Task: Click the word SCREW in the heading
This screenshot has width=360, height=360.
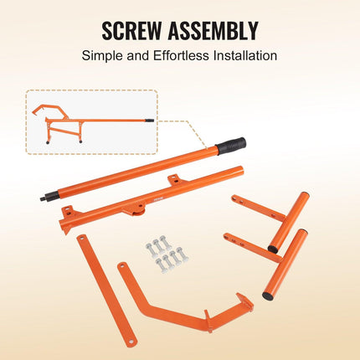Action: [x=131, y=30]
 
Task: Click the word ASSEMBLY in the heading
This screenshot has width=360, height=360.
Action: [x=213, y=30]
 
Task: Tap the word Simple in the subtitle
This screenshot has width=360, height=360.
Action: [x=102, y=56]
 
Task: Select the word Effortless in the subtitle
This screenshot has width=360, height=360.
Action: [x=181, y=55]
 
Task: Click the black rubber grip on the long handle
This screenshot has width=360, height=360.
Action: [x=232, y=146]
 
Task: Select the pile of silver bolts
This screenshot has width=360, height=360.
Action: [x=167, y=254]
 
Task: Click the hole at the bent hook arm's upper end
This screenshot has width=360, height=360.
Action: [x=122, y=265]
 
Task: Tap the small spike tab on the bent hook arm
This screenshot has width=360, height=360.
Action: [x=207, y=315]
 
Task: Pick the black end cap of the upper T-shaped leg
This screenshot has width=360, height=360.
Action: [x=273, y=249]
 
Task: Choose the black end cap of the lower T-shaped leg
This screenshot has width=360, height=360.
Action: [x=268, y=296]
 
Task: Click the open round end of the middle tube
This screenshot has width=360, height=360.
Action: [x=239, y=171]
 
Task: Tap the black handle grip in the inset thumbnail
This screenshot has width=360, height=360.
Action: [x=150, y=121]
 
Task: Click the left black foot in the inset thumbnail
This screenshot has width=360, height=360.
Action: [x=48, y=142]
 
